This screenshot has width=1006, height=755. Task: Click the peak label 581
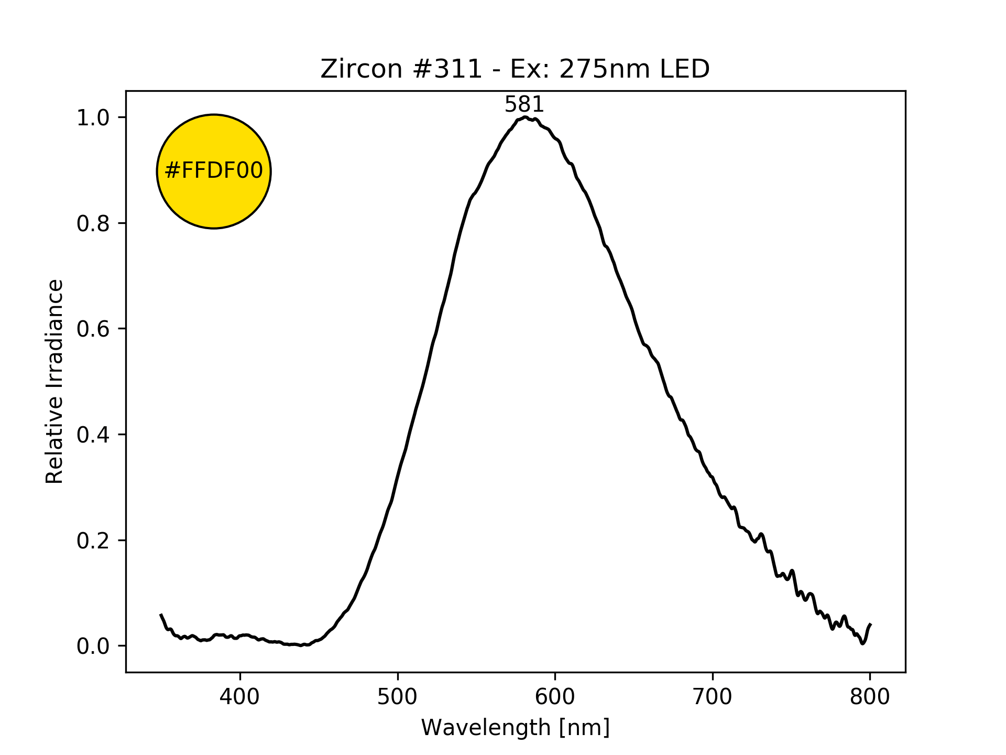524,105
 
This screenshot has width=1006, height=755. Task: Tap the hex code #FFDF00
214,171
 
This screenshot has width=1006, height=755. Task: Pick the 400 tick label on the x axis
240,697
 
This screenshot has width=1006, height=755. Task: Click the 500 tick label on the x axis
398,697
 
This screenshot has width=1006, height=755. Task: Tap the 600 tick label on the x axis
555,697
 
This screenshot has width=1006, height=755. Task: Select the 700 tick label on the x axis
713,697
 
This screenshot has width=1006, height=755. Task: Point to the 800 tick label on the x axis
870,697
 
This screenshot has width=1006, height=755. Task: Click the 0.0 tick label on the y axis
93,646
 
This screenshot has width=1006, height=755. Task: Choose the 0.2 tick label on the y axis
93,541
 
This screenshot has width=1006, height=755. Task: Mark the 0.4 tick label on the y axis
93,435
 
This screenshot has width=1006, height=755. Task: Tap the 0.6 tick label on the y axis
93,329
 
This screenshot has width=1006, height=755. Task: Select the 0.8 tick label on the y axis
93,223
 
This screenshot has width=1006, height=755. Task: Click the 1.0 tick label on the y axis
93,118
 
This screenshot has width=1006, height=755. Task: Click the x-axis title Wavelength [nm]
516,728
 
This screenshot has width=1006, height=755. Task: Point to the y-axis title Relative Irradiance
55,381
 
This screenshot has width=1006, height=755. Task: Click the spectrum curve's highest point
524,117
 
